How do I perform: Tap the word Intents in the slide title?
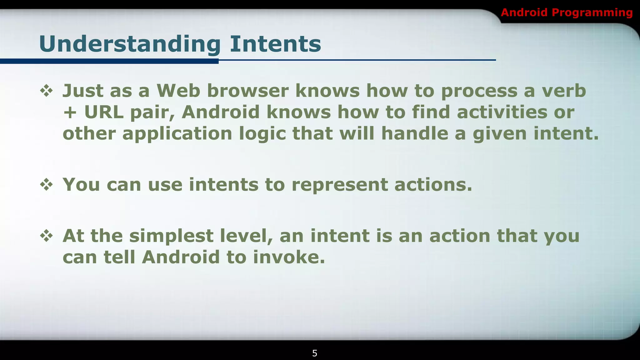click(x=275, y=44)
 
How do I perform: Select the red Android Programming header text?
click(x=567, y=12)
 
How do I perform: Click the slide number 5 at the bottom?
click(x=315, y=353)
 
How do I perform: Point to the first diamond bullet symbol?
click(x=47, y=91)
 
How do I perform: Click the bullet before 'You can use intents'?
click(x=47, y=185)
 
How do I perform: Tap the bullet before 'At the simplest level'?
click(x=47, y=236)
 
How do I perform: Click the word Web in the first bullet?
click(x=178, y=91)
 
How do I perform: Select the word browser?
click(x=247, y=91)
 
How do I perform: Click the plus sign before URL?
click(x=70, y=112)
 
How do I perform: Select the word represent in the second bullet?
click(x=339, y=185)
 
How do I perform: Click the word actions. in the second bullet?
click(x=433, y=185)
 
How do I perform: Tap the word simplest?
click(x=171, y=236)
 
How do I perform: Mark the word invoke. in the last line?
click(x=289, y=257)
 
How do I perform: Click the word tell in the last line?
click(x=119, y=257)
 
